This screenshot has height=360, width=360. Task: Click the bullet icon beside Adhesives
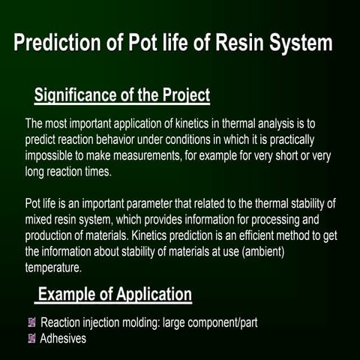[x=31, y=338]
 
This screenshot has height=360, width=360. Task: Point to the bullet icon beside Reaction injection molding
[x=31, y=322]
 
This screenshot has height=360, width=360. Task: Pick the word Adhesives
[x=64, y=338]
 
